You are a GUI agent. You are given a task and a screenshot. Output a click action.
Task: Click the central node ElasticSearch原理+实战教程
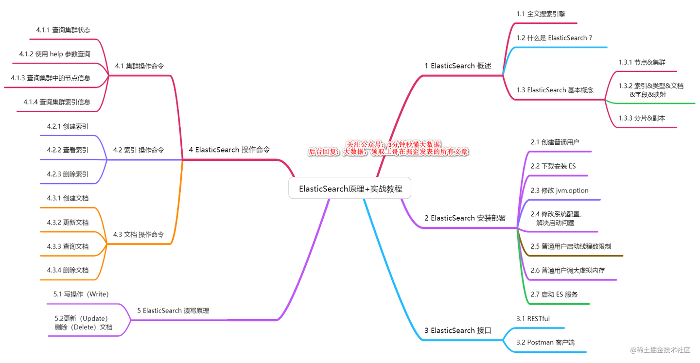[x=350, y=189]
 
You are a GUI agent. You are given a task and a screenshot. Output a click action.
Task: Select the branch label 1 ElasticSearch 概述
[x=457, y=66]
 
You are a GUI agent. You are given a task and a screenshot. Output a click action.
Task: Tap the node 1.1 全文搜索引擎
[x=541, y=14]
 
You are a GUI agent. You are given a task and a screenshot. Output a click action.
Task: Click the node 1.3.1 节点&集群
[x=642, y=62]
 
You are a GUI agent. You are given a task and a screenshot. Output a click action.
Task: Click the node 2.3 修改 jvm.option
[x=559, y=190]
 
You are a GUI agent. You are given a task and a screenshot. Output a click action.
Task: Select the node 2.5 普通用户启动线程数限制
[x=571, y=246]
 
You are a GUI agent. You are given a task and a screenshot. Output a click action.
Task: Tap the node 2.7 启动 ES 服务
[x=554, y=294]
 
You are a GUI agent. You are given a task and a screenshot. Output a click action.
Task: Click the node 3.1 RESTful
[x=533, y=319]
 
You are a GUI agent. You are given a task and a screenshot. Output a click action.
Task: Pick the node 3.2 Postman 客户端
[x=545, y=343]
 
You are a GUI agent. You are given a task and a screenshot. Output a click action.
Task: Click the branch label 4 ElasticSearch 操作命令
[x=229, y=150]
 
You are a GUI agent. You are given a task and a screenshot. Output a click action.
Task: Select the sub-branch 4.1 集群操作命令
[x=139, y=66]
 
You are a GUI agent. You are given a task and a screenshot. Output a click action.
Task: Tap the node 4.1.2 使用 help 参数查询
[x=54, y=54]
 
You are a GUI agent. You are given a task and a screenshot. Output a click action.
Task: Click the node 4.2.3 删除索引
[x=68, y=174]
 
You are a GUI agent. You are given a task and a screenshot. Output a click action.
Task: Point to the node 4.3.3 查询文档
[x=68, y=246]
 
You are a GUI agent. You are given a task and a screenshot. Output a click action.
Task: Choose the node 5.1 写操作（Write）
[x=81, y=294]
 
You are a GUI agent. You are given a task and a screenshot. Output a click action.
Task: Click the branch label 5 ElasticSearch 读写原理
[x=173, y=311]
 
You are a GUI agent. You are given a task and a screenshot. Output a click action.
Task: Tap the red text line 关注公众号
[x=393, y=144]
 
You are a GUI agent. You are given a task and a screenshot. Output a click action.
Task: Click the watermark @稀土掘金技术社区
[x=660, y=350]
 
